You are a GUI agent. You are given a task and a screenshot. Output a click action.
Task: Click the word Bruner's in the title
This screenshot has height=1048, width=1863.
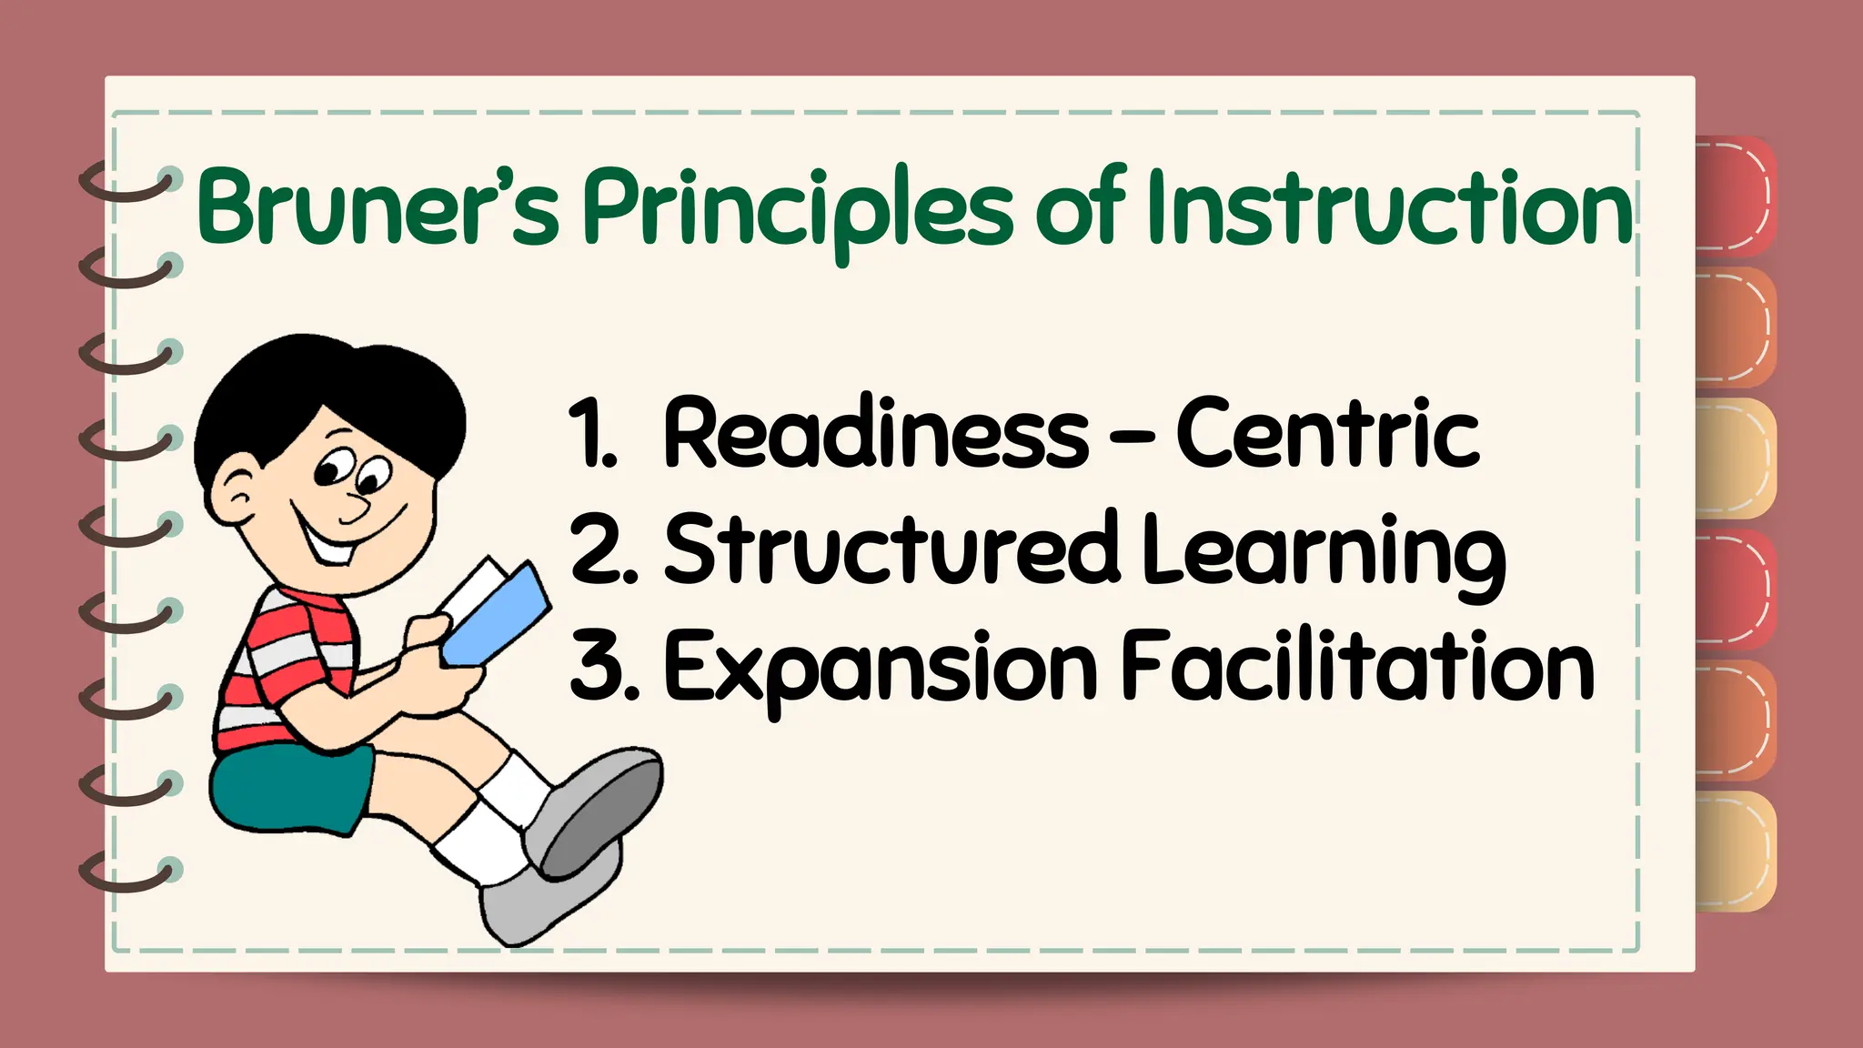(378, 207)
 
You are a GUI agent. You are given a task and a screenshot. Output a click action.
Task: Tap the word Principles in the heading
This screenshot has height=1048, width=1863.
(797, 209)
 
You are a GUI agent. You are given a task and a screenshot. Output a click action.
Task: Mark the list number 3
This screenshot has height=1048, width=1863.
(600, 667)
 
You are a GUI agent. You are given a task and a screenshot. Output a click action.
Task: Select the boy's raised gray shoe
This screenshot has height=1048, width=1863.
(596, 810)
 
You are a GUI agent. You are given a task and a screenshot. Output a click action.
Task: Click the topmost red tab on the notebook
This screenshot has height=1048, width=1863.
(1734, 196)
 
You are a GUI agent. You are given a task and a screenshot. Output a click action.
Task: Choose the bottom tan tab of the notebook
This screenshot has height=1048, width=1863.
(1734, 851)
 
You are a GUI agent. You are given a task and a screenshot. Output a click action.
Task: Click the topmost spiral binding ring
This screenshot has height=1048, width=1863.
(127, 182)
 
